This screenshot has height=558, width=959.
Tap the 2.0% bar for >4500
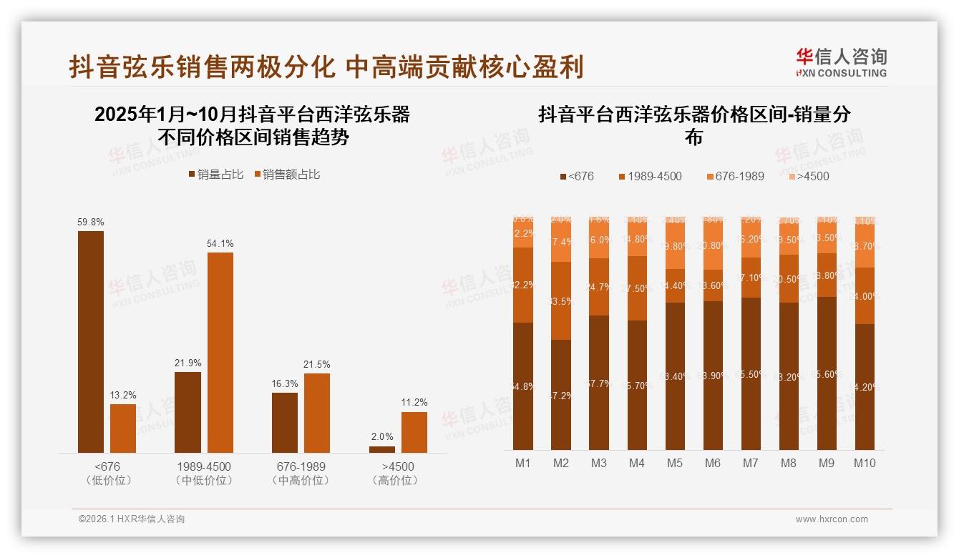382,449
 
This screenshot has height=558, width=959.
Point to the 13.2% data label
123,395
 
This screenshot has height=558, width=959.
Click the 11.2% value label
414,403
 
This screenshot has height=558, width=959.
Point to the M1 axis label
523,463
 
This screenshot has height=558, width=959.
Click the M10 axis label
865,463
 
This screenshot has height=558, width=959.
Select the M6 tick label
713,463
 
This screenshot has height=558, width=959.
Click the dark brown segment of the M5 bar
675,376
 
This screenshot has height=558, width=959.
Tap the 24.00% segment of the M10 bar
865,296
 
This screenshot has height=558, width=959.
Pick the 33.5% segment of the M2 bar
561,300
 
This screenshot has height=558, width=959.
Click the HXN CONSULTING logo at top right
842,62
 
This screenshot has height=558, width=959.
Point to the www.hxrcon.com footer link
832,519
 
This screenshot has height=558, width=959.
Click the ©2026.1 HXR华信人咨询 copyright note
132,519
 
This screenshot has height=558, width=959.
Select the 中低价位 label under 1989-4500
204,481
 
